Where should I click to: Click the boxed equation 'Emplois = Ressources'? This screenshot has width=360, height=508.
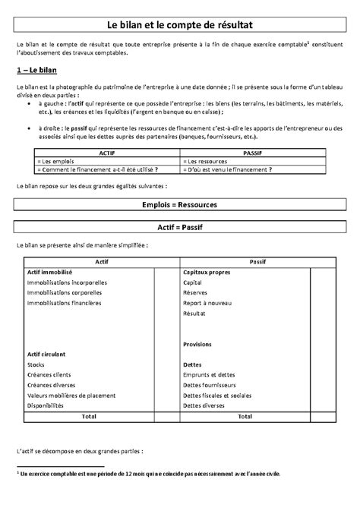[180, 205]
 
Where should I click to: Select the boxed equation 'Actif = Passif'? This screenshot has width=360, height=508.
[180, 227]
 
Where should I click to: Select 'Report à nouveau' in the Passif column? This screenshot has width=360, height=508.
[206, 302]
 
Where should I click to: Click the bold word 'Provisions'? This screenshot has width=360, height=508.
[197, 344]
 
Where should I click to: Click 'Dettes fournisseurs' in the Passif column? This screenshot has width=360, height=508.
[210, 385]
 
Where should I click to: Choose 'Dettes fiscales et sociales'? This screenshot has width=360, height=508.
[217, 396]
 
